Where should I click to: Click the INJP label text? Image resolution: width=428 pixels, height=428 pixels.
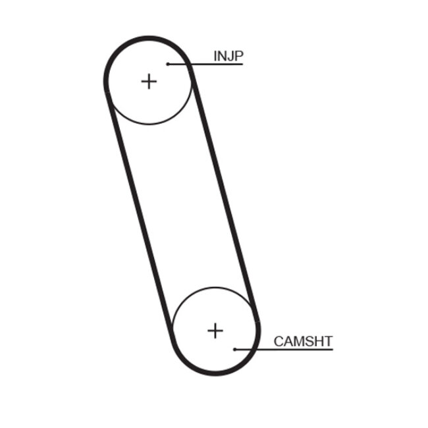228,56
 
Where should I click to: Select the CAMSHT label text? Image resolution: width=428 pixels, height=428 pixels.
303,341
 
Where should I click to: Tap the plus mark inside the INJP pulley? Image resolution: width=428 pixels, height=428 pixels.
149,82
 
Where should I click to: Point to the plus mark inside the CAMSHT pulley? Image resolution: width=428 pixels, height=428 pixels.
215,331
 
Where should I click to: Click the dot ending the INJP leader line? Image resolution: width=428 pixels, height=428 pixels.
168,64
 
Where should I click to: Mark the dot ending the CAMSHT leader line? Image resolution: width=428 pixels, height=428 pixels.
235,350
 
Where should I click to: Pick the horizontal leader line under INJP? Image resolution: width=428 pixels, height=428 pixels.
205,64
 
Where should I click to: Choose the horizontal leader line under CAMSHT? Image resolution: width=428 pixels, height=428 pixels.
284,350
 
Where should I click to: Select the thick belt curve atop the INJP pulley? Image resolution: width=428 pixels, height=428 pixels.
147,38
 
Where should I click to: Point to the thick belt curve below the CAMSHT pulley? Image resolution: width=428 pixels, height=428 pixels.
216,373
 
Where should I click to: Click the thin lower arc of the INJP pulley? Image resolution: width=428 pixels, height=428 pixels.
149,124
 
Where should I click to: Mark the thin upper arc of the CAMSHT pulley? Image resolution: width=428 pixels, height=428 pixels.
215,288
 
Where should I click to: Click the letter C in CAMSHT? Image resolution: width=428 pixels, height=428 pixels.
279,342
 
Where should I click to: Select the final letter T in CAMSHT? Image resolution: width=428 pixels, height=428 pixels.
328,342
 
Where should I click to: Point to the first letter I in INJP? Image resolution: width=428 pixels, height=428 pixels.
215,56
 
